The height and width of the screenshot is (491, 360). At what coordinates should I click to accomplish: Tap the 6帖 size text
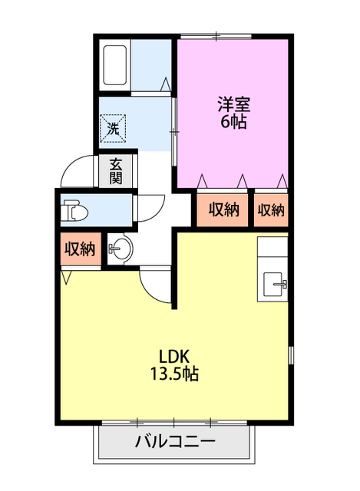(x=233, y=122)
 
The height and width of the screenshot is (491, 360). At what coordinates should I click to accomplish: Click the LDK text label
(x=174, y=357)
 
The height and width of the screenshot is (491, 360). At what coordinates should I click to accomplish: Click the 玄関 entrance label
(x=116, y=171)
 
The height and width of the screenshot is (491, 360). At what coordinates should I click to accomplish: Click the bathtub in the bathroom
(x=114, y=68)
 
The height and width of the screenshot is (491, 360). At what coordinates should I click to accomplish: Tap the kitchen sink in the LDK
(x=275, y=285)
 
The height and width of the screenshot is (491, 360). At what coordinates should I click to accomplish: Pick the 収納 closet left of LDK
(x=79, y=249)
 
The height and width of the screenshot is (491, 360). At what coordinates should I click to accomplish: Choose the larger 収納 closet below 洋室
(x=223, y=209)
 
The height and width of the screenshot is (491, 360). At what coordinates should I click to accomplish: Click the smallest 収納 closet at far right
(x=271, y=209)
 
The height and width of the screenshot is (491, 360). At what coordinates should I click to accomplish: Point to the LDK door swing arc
(x=158, y=285)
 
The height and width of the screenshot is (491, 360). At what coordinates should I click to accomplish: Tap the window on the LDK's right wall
(x=291, y=356)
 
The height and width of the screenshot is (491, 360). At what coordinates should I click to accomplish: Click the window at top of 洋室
(x=217, y=35)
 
